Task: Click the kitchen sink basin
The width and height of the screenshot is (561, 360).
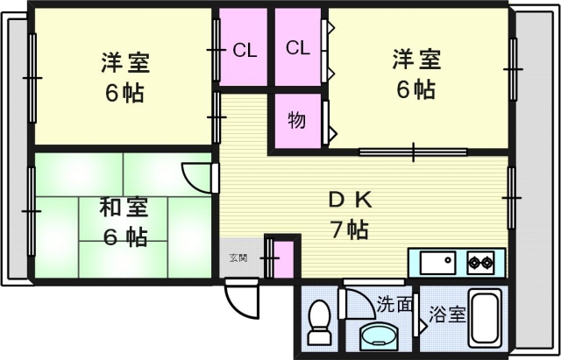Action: point(436,262)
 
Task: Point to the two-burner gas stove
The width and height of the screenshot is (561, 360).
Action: point(480,261)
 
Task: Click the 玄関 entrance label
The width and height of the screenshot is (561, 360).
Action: point(238,258)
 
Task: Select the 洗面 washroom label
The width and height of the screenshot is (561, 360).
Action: point(394,304)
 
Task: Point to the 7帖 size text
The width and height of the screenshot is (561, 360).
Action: point(348,230)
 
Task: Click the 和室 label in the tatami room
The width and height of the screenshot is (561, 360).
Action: point(123,208)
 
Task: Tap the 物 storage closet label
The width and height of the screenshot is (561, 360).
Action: point(297,121)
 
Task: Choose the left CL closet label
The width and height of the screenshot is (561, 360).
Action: point(245,50)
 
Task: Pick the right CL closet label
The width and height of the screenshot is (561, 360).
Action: point(298,48)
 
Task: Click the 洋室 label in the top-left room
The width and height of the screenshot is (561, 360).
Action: point(124,63)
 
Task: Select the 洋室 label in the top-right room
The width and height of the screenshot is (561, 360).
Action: point(415,60)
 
